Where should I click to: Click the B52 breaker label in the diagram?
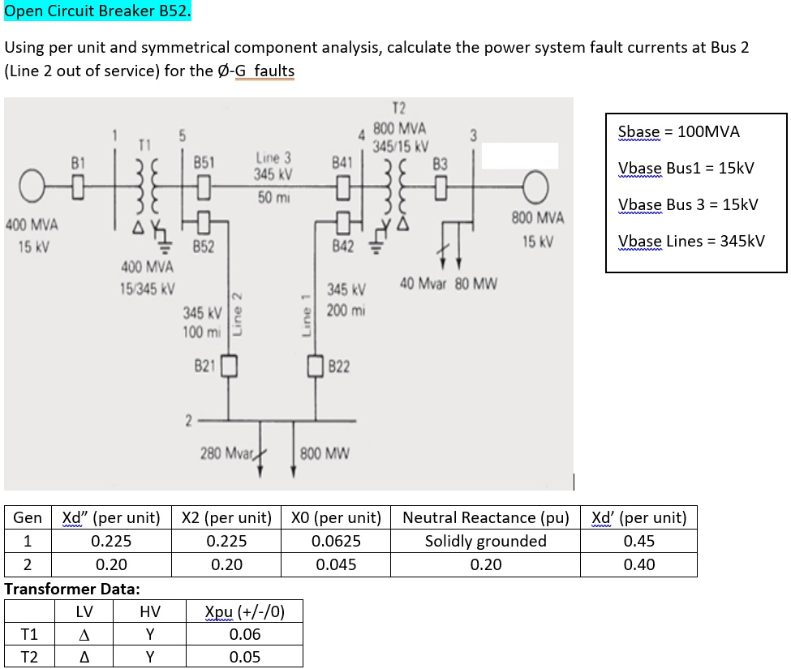(x=203, y=247)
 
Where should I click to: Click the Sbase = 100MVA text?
(x=678, y=131)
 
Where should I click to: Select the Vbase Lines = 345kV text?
(x=690, y=241)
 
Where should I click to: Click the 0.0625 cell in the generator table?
(x=336, y=541)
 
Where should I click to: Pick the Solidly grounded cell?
(x=485, y=541)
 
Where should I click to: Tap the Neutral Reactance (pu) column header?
(x=485, y=517)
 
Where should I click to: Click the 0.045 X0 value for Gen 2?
(x=336, y=564)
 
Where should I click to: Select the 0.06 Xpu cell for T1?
(x=244, y=634)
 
